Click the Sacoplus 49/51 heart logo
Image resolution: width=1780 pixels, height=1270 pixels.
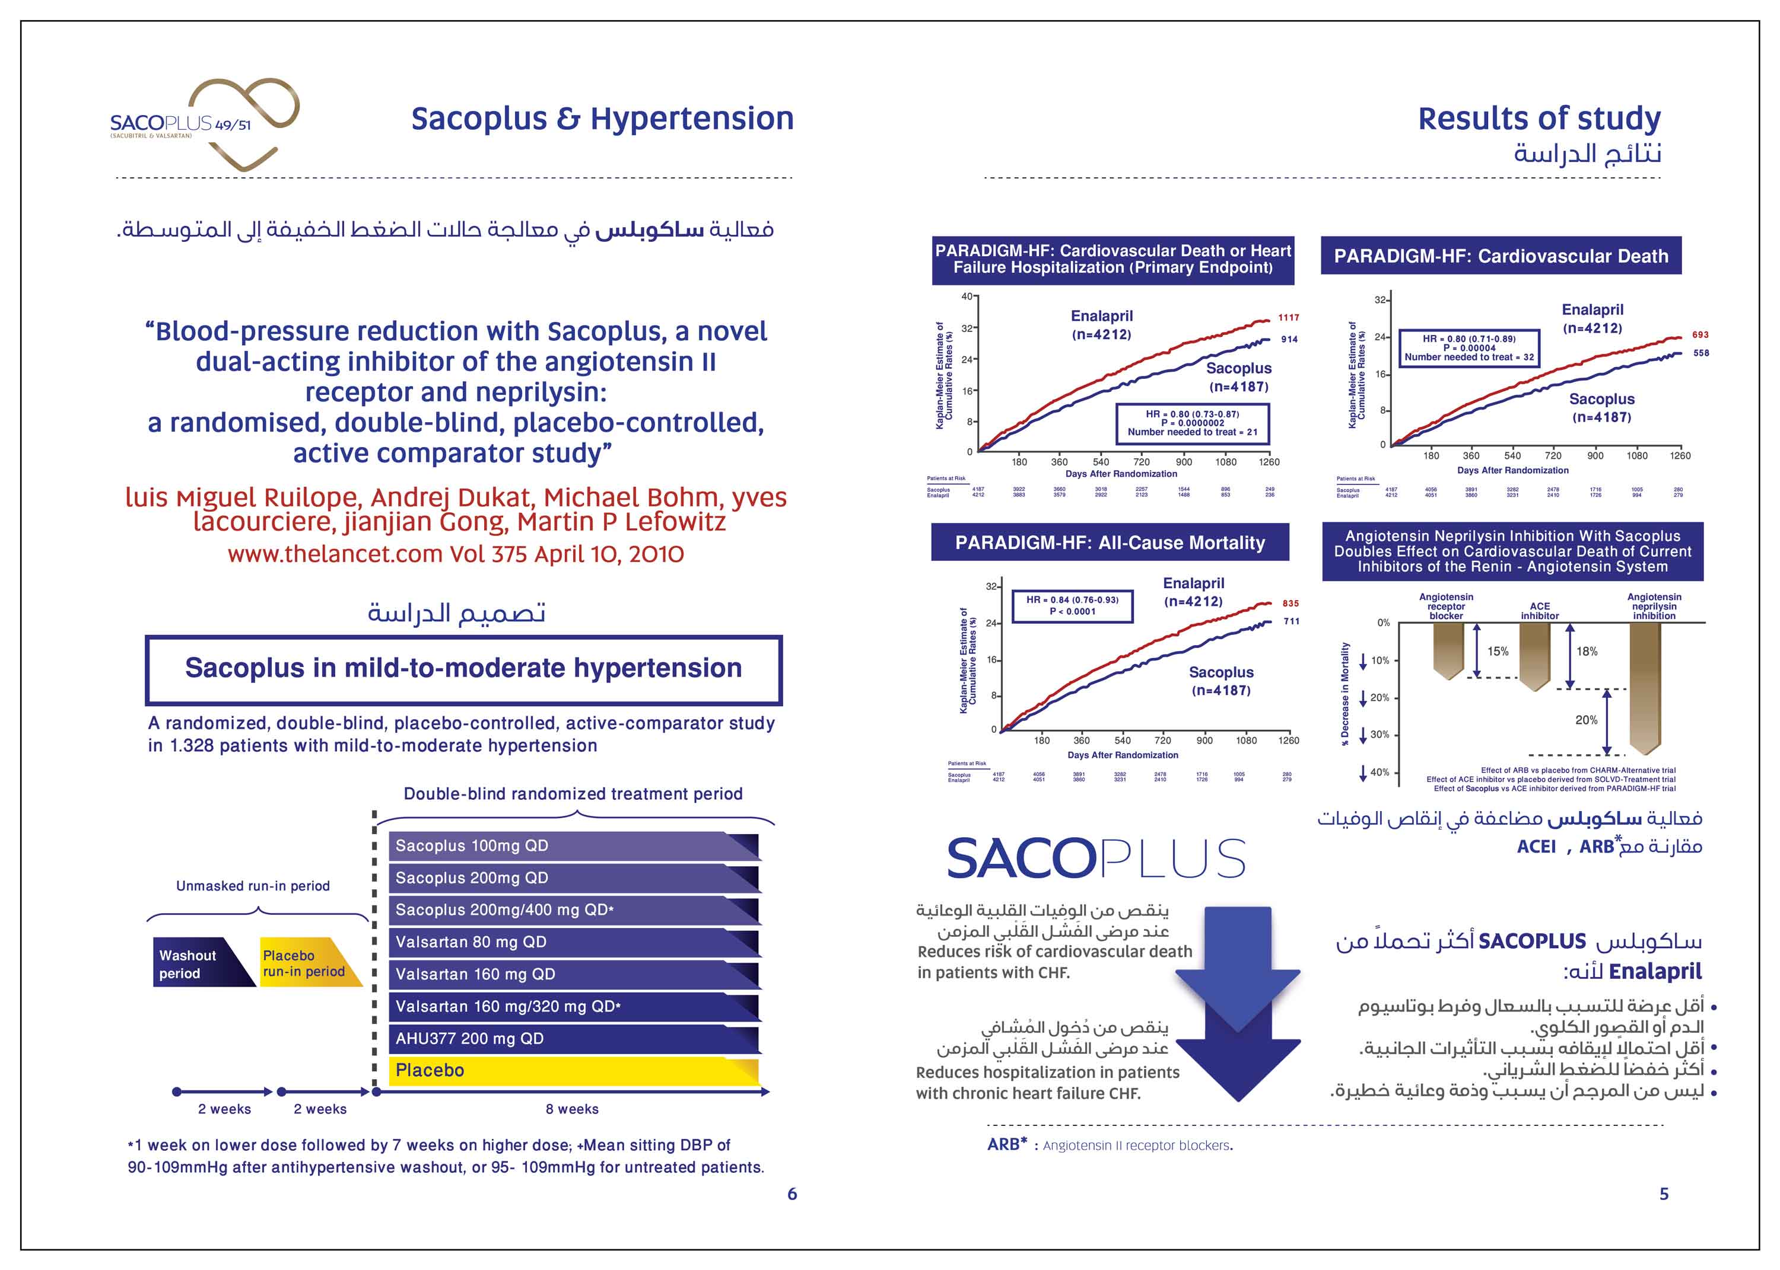205,123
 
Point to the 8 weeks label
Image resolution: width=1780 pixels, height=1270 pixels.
572,1109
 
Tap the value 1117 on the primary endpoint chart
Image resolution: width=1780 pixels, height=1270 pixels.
1288,318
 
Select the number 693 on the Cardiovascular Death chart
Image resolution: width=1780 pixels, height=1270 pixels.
1700,335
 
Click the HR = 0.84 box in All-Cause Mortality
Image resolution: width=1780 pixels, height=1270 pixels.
1072,605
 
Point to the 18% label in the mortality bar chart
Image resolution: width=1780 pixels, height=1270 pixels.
1587,652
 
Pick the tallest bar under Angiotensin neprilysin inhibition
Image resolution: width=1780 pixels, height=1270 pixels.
1645,687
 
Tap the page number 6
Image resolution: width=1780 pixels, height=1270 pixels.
792,1194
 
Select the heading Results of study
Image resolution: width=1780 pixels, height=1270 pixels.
1539,119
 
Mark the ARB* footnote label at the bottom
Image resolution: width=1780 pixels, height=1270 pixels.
1007,1144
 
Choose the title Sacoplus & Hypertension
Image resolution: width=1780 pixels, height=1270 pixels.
602,119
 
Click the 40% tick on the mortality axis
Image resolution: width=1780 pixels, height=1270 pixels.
1379,773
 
